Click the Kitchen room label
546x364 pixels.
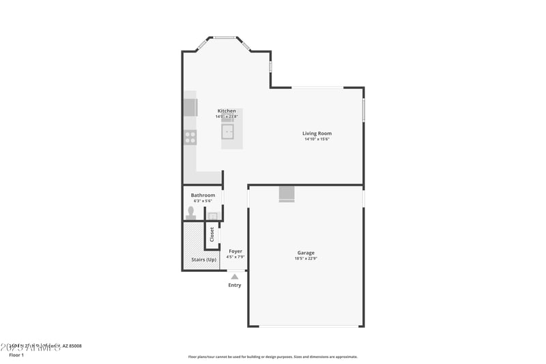pos(227,111)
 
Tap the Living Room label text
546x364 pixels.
pos(317,133)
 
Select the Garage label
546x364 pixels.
pos(306,253)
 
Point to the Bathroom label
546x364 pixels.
pos(203,195)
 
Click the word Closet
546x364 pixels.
pos(212,234)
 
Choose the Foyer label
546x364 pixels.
pos(235,251)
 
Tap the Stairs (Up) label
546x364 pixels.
pos(203,260)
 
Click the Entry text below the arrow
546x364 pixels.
pos(234,285)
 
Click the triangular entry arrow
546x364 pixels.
pos(234,277)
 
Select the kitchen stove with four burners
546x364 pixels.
pos(190,137)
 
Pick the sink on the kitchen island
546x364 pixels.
pos(227,131)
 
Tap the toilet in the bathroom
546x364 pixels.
pos(191,212)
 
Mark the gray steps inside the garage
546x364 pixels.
pos(287,195)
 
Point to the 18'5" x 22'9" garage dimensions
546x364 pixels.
pos(306,258)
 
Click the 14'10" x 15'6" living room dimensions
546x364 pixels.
pos(317,139)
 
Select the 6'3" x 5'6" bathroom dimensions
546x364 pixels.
pos(203,201)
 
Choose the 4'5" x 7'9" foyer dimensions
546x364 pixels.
pos(235,257)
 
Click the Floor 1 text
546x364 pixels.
pos(16,355)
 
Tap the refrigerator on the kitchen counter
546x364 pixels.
pos(190,107)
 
